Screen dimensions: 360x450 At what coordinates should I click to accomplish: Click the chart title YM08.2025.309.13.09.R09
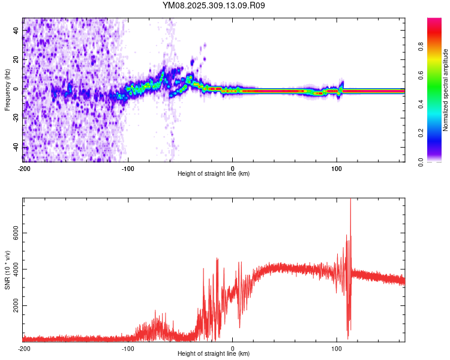pyautogui.click(x=214, y=5)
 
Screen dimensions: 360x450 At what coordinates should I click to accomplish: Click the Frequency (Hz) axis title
pyautogui.click(x=7, y=89)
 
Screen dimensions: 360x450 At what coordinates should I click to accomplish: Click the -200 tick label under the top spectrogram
pyautogui.click(x=23, y=169)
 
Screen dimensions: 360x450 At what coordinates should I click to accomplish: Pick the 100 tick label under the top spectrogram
pyautogui.click(x=337, y=169)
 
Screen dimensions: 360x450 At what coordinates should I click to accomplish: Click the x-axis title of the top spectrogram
pyautogui.click(x=214, y=174)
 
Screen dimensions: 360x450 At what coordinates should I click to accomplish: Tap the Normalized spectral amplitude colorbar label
pyautogui.click(x=446, y=91)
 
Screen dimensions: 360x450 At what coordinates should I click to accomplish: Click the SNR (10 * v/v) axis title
pyautogui.click(x=7, y=269)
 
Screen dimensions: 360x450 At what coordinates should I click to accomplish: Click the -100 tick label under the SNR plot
pyautogui.click(x=128, y=349)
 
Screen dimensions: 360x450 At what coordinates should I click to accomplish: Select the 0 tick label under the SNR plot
pyautogui.click(x=232, y=349)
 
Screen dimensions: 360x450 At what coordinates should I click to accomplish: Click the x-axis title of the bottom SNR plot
pyautogui.click(x=214, y=354)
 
